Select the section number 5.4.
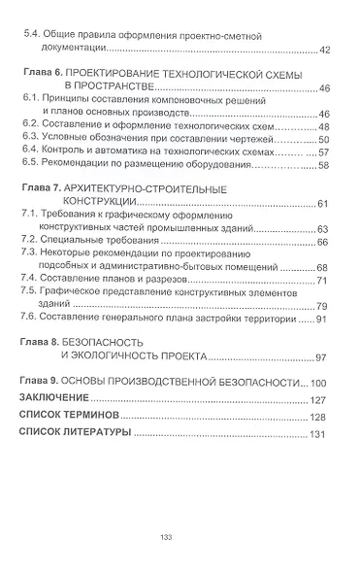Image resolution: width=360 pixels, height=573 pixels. click(30, 34)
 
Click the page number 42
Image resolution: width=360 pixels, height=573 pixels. click(324, 51)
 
